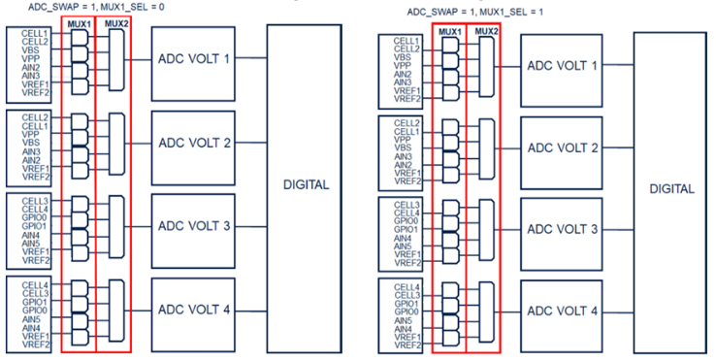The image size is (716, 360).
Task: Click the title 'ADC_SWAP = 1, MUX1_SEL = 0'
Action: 96,8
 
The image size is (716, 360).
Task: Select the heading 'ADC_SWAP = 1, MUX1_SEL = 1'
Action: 474,12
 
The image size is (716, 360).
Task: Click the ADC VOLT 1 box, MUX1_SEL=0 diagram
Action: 193,64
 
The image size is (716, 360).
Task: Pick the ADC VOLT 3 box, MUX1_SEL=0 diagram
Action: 193,231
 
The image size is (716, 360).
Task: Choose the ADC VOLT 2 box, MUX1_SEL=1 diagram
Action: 562,153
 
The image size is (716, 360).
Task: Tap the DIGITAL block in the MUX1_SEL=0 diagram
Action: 304,188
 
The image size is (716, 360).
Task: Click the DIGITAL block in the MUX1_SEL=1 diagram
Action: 670,193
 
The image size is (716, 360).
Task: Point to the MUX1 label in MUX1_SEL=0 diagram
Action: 78,24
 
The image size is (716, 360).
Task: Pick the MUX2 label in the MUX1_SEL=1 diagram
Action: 486,31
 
